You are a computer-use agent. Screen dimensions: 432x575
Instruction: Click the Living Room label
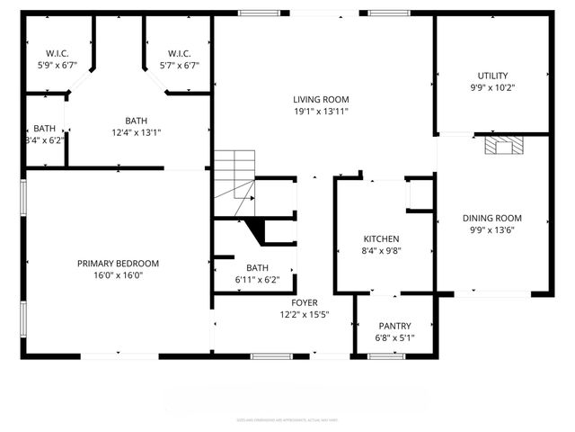321,99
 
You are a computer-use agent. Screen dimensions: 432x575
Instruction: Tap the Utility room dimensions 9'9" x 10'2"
492,88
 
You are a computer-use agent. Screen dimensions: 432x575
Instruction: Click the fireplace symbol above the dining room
500,146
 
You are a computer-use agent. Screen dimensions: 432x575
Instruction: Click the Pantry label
394,326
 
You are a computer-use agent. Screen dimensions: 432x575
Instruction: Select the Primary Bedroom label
118,264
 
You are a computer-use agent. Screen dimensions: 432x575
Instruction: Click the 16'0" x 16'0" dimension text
118,275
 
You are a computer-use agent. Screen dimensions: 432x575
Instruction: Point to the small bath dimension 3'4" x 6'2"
45,140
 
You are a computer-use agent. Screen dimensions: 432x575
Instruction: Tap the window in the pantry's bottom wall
386,356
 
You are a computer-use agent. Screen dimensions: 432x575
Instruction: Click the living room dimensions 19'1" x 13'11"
321,111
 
